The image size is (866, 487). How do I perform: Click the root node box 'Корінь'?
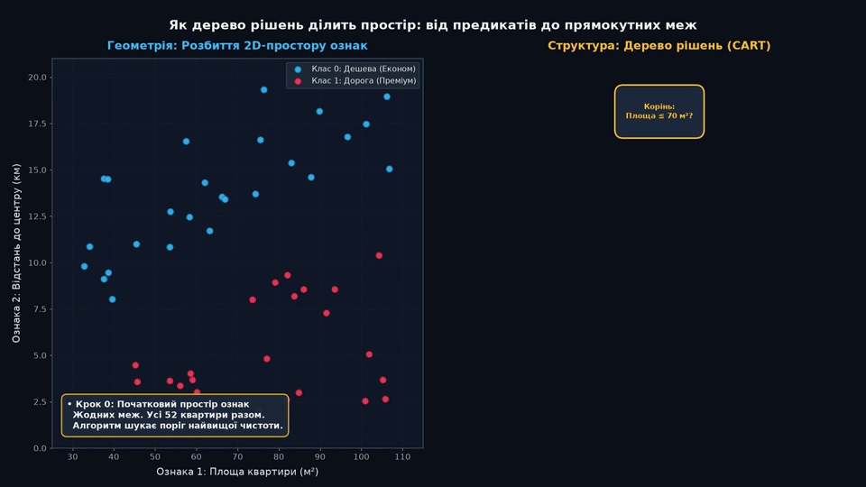click(x=659, y=111)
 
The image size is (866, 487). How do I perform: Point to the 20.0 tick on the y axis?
click(x=38, y=78)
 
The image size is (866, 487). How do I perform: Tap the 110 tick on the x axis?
click(x=402, y=456)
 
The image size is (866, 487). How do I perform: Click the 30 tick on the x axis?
click(x=72, y=456)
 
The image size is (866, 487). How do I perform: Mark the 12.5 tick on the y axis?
click(x=38, y=216)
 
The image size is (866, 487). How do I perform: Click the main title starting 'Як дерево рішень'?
click(x=433, y=25)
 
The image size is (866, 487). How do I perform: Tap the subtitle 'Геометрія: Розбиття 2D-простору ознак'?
click(x=237, y=45)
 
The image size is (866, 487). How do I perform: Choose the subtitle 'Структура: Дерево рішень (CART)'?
click(x=659, y=45)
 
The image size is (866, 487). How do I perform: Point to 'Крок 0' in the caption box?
click(x=93, y=404)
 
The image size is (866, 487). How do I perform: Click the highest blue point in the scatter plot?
click(x=264, y=90)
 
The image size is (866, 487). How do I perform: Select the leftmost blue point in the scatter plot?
click(x=85, y=267)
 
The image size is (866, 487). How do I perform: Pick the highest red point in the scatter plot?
click(x=379, y=255)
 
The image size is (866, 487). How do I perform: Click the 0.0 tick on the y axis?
click(x=40, y=448)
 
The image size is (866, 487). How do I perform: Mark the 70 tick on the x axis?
click(x=237, y=456)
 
